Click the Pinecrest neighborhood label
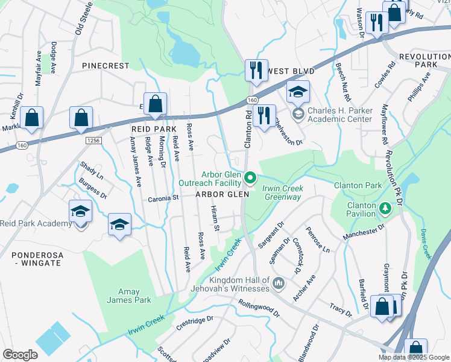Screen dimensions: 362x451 point(106,65)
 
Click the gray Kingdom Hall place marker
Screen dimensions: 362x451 point(277,282)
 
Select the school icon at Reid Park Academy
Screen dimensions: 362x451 point(80,212)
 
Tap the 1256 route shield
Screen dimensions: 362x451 point(93,140)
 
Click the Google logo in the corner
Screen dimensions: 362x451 point(20,355)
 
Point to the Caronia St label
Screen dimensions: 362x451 point(164,197)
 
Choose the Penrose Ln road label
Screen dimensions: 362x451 point(317,240)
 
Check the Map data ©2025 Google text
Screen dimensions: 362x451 point(413,357)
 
